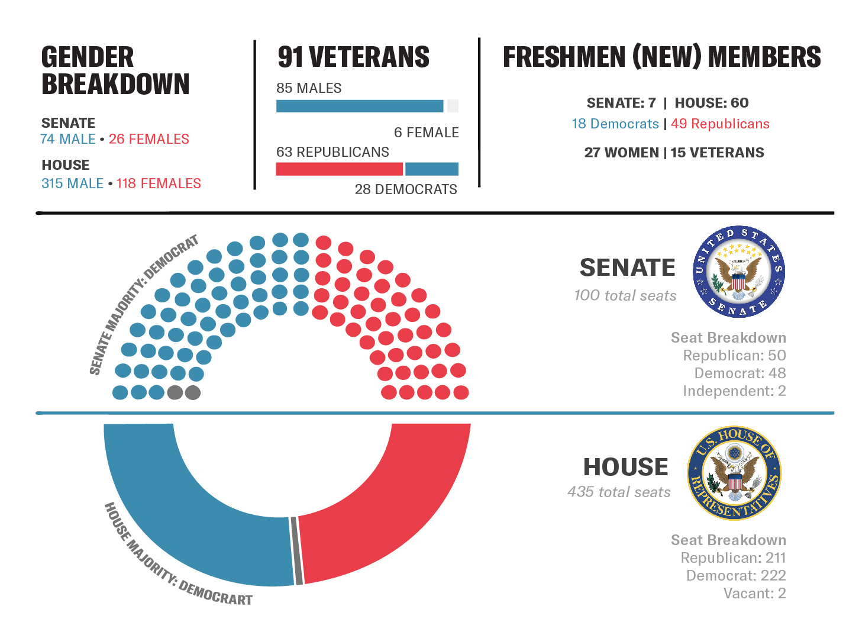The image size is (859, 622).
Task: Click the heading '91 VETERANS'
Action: (353, 57)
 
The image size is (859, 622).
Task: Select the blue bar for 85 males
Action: (359, 106)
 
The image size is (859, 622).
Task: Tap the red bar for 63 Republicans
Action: (339, 169)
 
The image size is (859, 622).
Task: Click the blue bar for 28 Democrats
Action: (431, 169)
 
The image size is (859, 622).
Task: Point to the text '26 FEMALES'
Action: (149, 139)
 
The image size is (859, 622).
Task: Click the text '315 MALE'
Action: (72, 183)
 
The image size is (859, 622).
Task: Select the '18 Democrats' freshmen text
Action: (615, 124)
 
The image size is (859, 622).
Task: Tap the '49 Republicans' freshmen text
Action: (720, 124)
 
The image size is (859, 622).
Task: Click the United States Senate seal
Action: (738, 272)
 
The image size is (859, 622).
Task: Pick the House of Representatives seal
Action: (734, 473)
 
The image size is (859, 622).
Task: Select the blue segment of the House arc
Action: (189, 521)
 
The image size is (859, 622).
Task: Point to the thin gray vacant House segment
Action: (297, 550)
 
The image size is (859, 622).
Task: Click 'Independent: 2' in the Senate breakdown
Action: (734, 391)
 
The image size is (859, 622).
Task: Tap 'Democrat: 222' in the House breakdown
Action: (736, 576)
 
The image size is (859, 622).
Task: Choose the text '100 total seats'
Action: (625, 295)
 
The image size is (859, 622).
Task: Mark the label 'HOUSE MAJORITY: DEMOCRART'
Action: (175, 559)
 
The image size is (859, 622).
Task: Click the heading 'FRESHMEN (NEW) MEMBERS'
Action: (661, 57)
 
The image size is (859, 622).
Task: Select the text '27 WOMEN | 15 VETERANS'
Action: (674, 153)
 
